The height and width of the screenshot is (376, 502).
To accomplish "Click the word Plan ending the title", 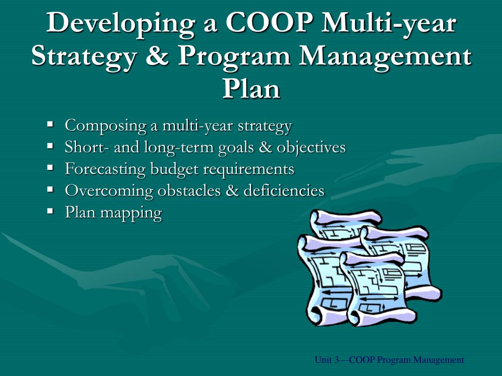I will coord(251,89).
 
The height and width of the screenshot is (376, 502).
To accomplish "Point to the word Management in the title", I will coord(386,57).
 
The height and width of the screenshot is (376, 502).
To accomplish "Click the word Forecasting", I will coord(105,169).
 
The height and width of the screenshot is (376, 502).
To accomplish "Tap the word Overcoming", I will coord(109,190).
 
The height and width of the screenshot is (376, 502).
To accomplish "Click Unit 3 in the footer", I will coord(326,360).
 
